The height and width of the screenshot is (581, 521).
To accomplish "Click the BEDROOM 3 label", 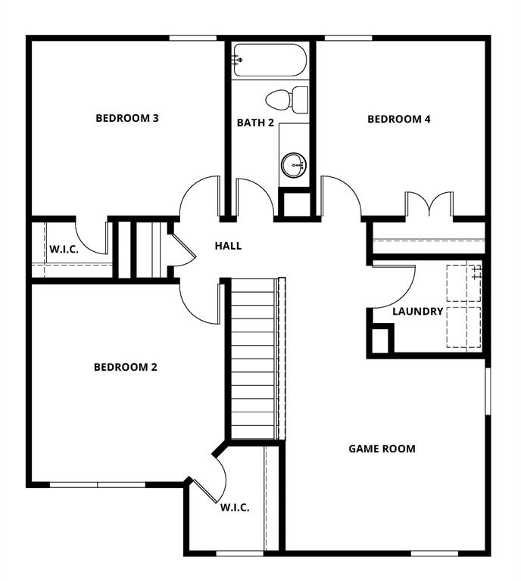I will click(x=127, y=118).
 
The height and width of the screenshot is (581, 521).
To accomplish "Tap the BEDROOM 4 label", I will click(x=398, y=119).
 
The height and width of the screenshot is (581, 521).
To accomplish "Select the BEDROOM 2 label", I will click(x=125, y=368).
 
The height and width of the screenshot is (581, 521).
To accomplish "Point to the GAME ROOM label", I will click(x=382, y=449).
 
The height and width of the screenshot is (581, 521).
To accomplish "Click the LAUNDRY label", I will click(x=417, y=311).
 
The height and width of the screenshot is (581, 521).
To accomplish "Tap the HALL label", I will click(x=228, y=246).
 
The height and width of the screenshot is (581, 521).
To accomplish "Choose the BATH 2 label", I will click(x=255, y=123).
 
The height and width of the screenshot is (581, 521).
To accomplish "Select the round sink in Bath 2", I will click(x=292, y=163).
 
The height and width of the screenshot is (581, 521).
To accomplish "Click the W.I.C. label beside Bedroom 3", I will click(x=64, y=249).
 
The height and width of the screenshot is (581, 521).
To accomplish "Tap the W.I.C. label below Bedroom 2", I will click(x=235, y=508).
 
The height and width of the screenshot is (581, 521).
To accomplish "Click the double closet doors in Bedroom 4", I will click(x=429, y=205).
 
